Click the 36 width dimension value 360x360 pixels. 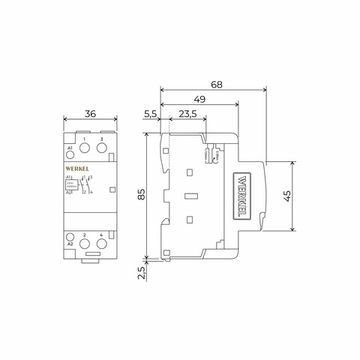tap(90, 115)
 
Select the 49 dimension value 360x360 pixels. tap(200, 99)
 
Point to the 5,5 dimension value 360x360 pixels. tap(150, 115)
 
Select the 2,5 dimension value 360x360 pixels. tap(144, 272)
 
